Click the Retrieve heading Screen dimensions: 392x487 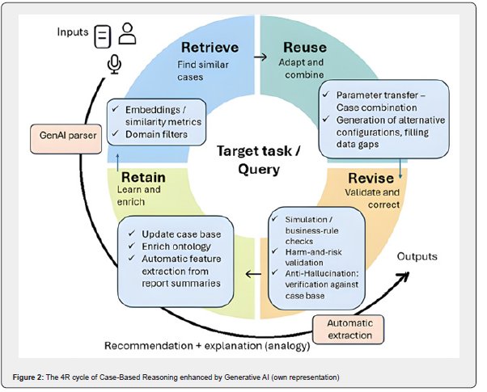point(210,47)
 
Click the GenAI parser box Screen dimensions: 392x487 point(64,135)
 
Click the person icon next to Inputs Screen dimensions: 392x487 point(127,33)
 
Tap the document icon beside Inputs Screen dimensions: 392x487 point(102,36)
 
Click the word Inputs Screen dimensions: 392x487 point(73,32)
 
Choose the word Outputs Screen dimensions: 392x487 point(420,256)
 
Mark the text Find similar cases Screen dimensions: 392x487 point(202,71)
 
